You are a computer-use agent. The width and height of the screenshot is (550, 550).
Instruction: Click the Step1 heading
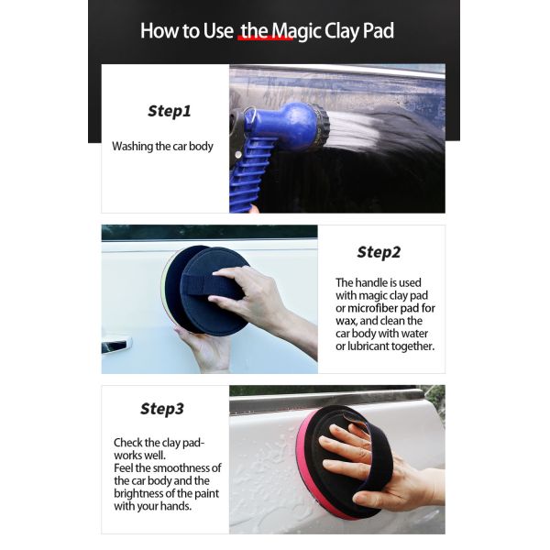170,112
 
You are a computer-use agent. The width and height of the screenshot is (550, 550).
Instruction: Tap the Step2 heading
379,252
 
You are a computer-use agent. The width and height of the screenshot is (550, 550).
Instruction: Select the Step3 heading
162,409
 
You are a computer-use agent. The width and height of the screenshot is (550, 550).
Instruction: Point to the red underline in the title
265,38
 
